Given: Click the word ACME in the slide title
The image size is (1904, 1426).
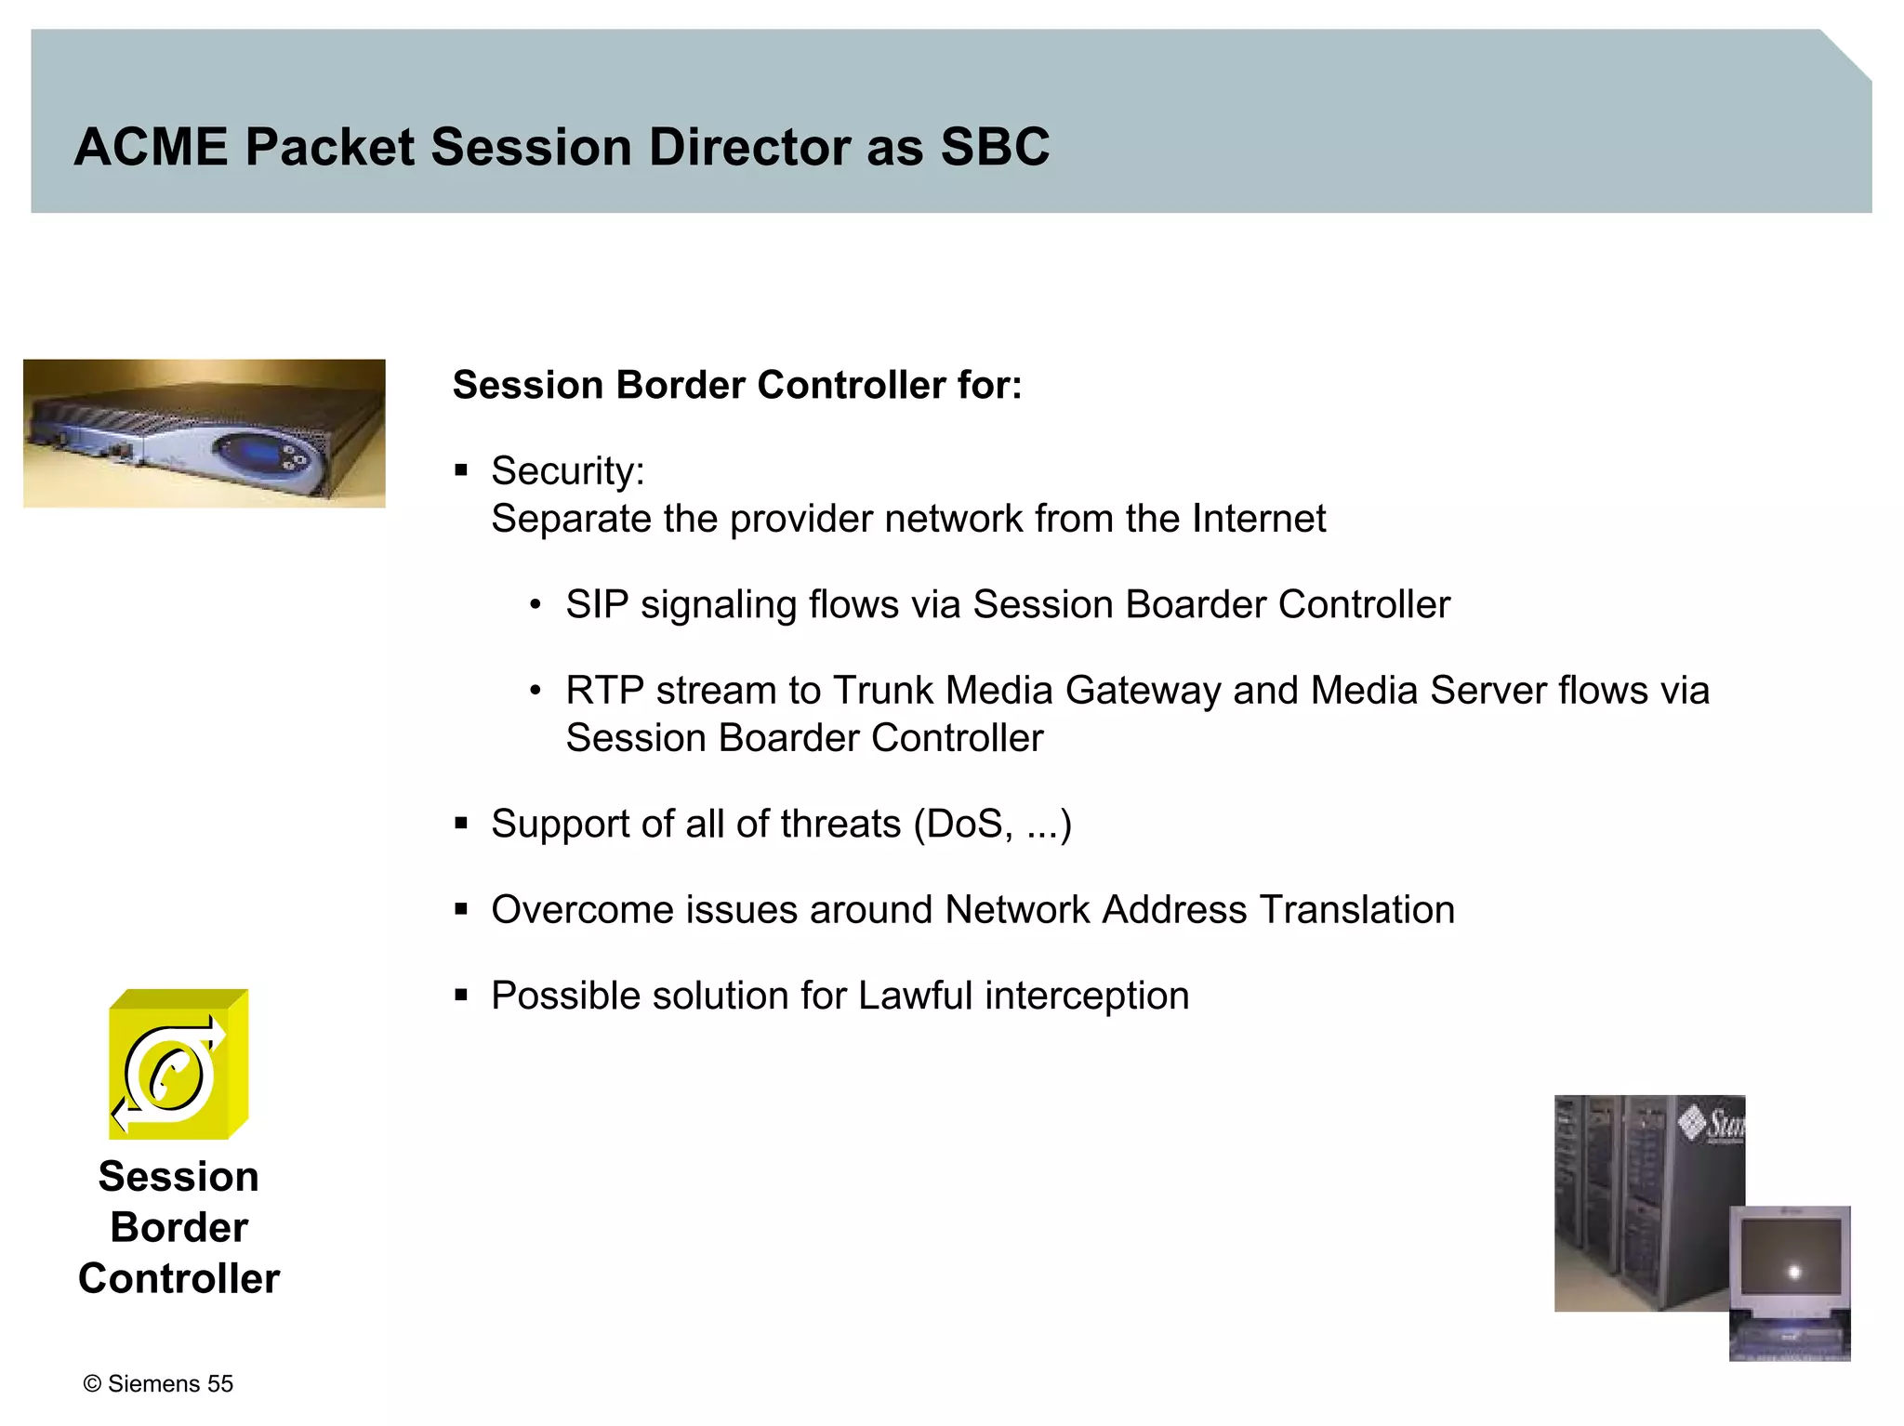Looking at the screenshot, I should (151, 147).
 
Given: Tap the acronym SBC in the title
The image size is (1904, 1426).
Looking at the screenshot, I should (994, 147).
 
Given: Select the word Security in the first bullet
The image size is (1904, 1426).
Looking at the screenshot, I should (565, 471).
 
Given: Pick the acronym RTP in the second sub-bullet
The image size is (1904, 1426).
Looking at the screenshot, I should (603, 691).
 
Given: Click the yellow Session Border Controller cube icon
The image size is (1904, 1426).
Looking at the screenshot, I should (178, 1065).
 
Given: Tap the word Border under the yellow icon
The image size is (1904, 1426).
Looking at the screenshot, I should (178, 1228).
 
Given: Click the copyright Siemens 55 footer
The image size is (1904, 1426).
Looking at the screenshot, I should (158, 1384).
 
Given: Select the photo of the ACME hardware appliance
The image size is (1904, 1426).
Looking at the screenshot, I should (205, 433).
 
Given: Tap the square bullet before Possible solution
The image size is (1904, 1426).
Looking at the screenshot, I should (461, 996).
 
